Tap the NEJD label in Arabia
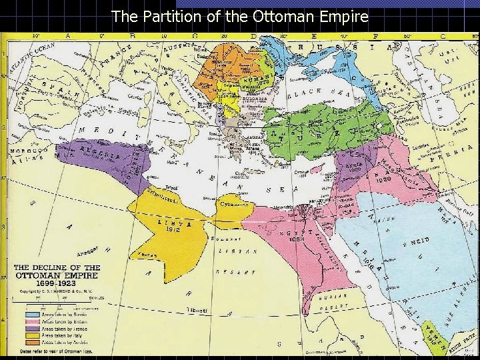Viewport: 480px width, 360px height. (x=433, y=241)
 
